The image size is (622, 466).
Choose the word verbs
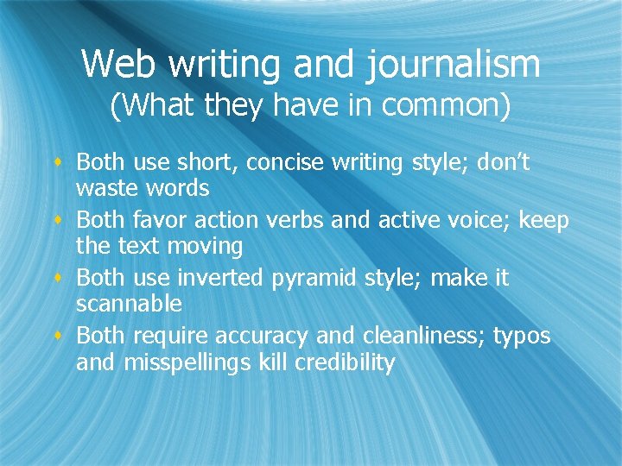coord(296,220)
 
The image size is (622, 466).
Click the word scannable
coord(129,304)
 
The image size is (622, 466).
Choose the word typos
coord(521,337)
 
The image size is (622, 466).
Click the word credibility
coord(345,363)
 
